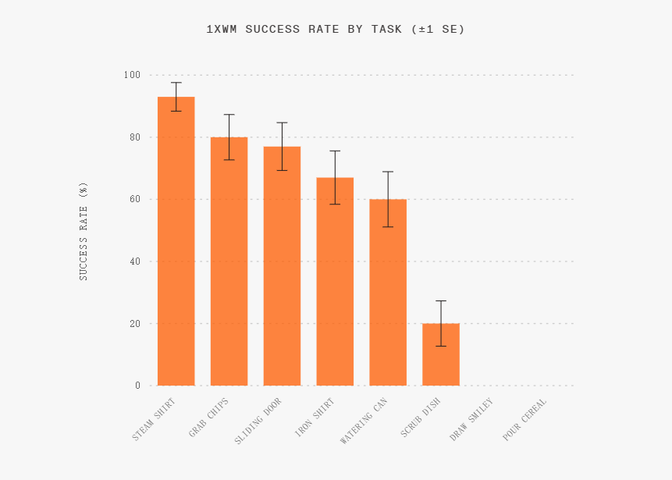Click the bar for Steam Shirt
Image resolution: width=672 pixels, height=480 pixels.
[176, 242]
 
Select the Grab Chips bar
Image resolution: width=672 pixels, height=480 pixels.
[229, 261]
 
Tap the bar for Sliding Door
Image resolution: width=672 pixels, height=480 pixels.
[282, 266]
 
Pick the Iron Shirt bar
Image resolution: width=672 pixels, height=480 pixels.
[335, 282]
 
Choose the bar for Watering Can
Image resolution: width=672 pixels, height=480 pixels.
[388, 293]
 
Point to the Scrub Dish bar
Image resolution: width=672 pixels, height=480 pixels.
[441, 354]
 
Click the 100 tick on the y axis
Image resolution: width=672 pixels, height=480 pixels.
[131, 75]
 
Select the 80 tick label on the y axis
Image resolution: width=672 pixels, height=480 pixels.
[134, 137]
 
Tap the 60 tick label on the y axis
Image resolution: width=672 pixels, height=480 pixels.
[134, 199]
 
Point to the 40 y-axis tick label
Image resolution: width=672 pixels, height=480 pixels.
[134, 261]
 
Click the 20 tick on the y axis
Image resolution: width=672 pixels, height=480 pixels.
[134, 323]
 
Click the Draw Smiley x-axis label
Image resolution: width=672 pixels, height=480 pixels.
[471, 421]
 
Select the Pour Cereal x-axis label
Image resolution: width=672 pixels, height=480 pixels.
[524, 421]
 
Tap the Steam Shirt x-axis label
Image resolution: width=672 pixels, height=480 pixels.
[155, 421]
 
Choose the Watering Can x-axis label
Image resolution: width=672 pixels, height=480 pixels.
[364, 422]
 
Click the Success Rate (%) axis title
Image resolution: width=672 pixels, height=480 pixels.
[84, 231]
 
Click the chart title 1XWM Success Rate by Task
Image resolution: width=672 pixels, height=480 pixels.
[336, 30]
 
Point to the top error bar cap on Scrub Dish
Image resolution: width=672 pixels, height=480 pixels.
[441, 300]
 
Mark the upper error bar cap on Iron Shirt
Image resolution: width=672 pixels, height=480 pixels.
[335, 151]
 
